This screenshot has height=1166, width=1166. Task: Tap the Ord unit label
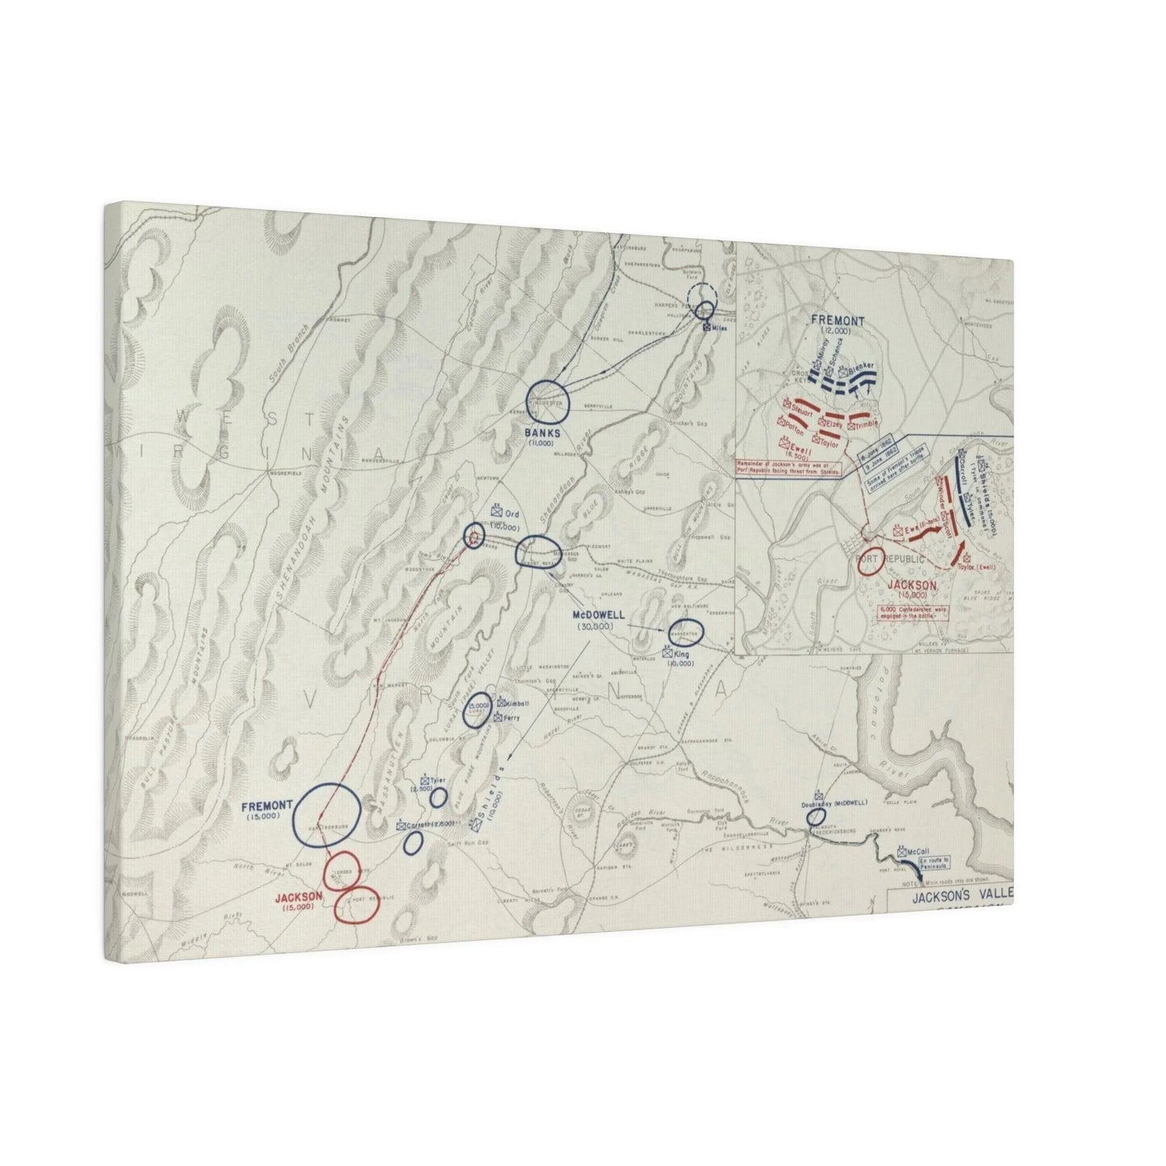(x=511, y=514)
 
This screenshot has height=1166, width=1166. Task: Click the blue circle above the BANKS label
(x=548, y=400)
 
